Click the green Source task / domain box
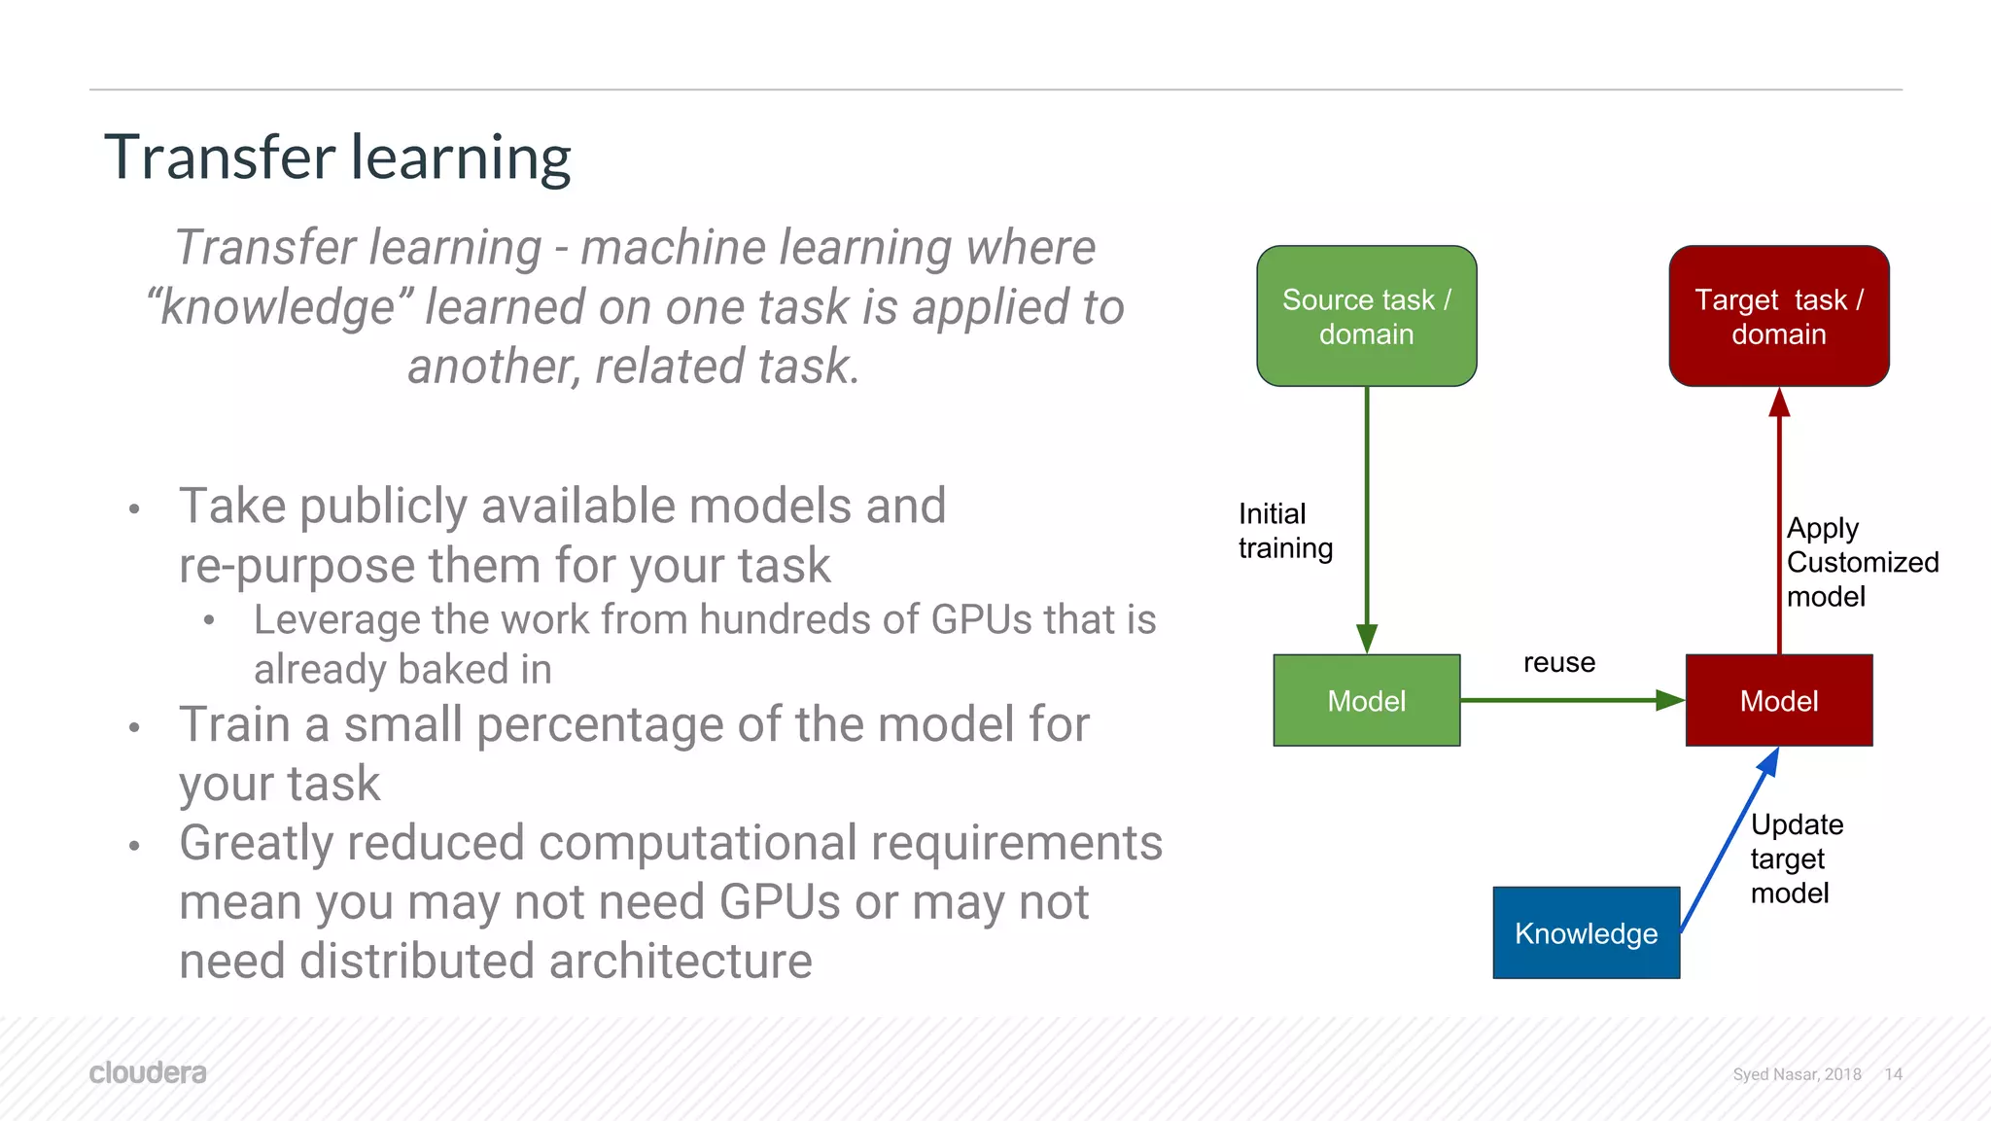pyautogui.click(x=1366, y=316)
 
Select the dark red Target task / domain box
pyautogui.click(x=1778, y=316)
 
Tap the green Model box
pyautogui.click(x=1366, y=700)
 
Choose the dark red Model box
pyautogui.click(x=1778, y=700)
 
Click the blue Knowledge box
pyautogui.click(x=1586, y=932)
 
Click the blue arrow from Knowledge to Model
pyautogui.click(x=1729, y=842)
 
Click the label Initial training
pyautogui.click(x=1284, y=531)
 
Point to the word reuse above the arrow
pyautogui.click(x=1558, y=663)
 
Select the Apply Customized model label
pyautogui.click(x=1861, y=562)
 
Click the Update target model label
pyautogui.click(x=1796, y=858)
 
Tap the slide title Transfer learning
pyautogui.click(x=337, y=158)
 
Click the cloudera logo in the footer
pyautogui.click(x=148, y=1072)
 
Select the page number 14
pyautogui.click(x=1893, y=1074)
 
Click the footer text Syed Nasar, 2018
pyautogui.click(x=1797, y=1074)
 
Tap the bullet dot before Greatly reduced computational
pyautogui.click(x=134, y=846)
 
